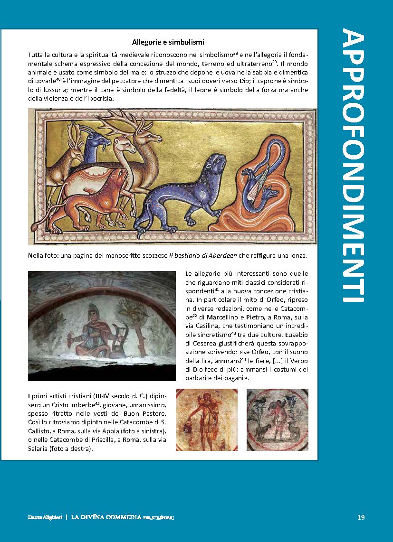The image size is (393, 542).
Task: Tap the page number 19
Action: [361, 517]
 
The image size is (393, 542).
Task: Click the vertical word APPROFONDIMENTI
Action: [353, 166]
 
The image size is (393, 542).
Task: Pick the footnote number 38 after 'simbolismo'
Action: [235, 54]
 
